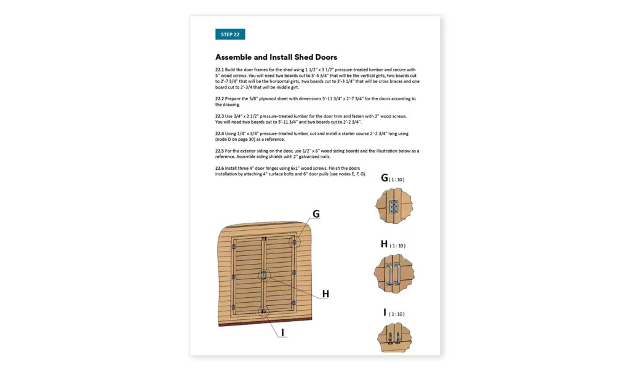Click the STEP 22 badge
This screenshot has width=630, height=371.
230,34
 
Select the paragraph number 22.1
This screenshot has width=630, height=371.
220,70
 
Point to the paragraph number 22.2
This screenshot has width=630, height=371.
220,98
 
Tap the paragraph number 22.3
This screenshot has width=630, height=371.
220,116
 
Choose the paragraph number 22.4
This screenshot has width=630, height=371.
220,133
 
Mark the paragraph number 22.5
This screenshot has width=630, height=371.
220,150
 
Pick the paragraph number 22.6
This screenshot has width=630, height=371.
220,168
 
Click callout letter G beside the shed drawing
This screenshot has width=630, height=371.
316,214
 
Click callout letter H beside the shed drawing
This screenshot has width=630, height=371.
325,294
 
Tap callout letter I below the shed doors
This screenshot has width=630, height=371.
282,333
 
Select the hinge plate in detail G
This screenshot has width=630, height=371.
394,207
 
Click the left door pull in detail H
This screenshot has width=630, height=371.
389,273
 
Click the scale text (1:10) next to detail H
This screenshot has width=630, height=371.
397,245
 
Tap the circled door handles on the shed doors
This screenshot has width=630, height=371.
264,275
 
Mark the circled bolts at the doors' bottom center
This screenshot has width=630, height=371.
264,311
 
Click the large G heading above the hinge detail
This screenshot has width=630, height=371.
385,178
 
